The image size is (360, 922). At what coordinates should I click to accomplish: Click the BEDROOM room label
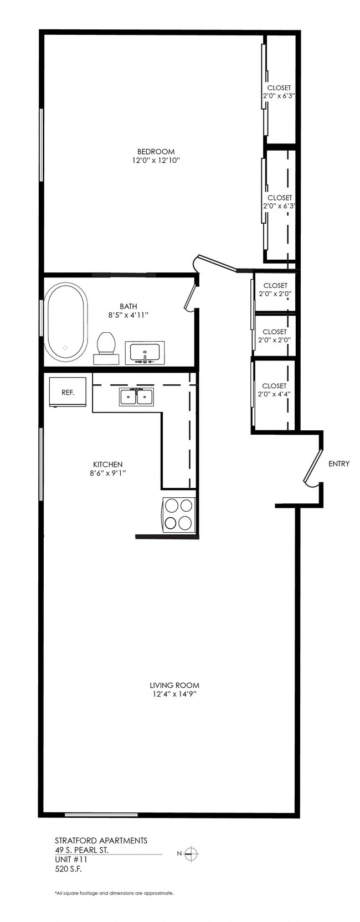(x=156, y=152)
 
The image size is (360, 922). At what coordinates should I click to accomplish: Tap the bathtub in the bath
(x=65, y=322)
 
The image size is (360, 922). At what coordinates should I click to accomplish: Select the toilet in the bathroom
(x=106, y=347)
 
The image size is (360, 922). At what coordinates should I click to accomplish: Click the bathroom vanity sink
(x=145, y=352)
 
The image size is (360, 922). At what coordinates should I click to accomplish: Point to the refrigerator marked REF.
(x=68, y=392)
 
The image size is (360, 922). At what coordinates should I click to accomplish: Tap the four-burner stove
(x=179, y=514)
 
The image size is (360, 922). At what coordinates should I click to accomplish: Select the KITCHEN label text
(x=107, y=464)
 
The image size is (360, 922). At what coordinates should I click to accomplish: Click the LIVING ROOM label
(x=174, y=685)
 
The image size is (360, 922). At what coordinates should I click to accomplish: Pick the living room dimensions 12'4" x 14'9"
(x=174, y=694)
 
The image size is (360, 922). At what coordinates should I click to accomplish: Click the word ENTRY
(x=339, y=463)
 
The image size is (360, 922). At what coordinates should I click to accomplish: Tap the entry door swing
(x=313, y=468)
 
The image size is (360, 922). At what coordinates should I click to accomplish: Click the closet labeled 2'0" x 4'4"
(x=274, y=390)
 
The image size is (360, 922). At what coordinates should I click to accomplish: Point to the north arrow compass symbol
(x=191, y=853)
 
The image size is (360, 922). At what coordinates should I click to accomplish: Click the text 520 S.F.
(x=69, y=869)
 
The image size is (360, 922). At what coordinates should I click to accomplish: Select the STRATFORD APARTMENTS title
(x=101, y=840)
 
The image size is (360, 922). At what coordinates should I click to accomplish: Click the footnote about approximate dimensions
(x=114, y=893)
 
